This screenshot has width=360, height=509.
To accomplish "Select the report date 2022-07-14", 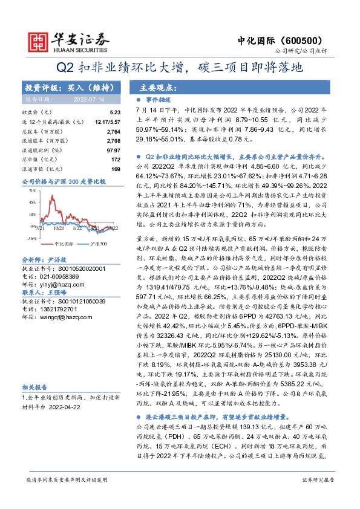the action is point(88,98).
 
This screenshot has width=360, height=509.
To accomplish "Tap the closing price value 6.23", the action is point(115,112).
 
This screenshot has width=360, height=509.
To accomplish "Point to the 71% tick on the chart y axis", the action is point(31,189).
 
